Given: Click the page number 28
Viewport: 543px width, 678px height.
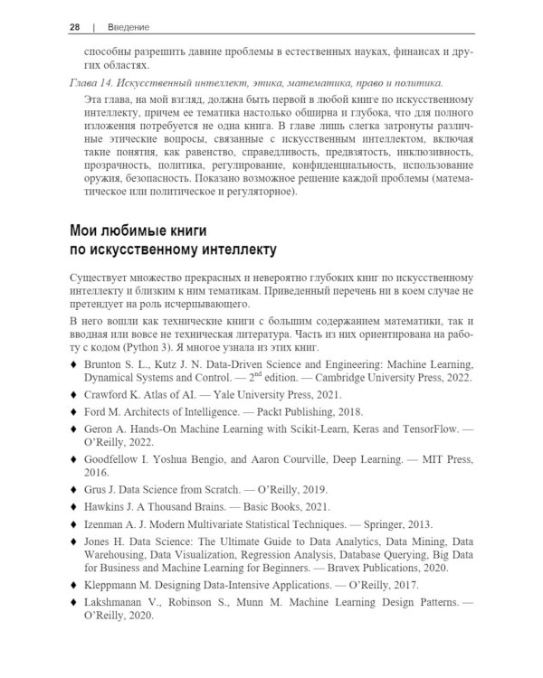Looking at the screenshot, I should click(x=75, y=27).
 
